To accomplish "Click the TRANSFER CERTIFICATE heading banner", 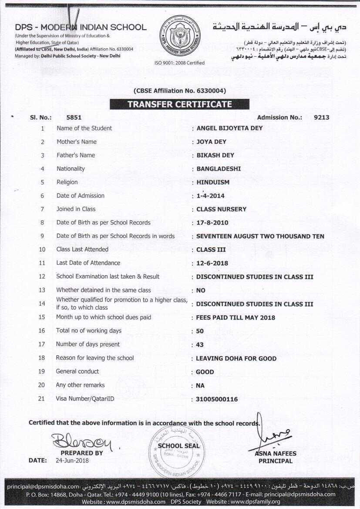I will (179, 104).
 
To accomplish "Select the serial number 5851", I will (74, 118).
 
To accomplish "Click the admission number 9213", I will (321, 118).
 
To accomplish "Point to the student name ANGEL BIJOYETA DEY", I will (229, 128).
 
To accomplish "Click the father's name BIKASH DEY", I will (215, 155).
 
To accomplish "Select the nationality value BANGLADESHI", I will (219, 169).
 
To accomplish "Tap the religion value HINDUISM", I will (213, 182).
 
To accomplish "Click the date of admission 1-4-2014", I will (210, 196).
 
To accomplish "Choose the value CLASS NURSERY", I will (221, 209).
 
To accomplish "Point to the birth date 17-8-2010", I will (212, 223).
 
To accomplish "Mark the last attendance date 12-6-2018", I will (212, 263).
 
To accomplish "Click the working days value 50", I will (200, 331).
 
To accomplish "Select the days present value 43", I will (200, 345).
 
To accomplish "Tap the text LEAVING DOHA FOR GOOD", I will (236, 358).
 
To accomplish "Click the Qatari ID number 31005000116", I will (217, 399).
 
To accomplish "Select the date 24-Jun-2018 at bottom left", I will (72, 460).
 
